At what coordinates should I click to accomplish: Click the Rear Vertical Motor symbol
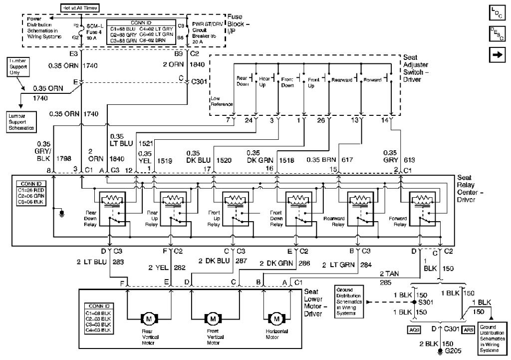tap(149, 318)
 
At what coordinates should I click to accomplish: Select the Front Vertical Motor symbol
tap(213, 318)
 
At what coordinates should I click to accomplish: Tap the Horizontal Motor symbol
tap(275, 318)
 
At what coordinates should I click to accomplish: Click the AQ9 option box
tap(414, 330)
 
